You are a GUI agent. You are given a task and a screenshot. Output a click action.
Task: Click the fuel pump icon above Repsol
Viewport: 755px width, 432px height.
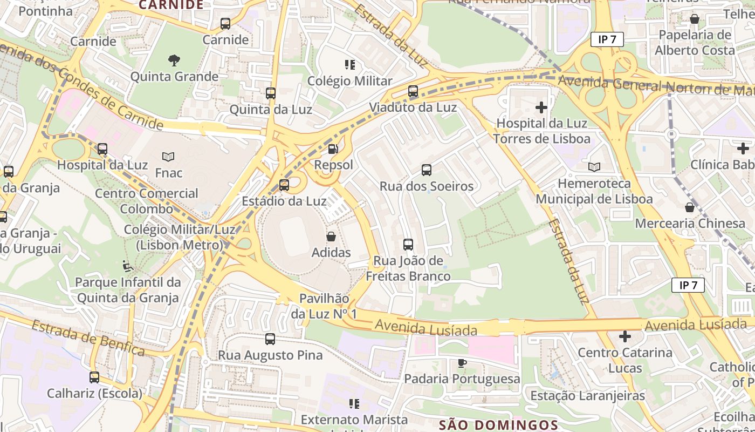pos(333,149)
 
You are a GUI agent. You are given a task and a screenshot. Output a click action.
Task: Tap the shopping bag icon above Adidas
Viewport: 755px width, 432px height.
pos(331,237)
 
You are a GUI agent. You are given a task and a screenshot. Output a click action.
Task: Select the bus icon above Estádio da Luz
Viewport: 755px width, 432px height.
pos(284,185)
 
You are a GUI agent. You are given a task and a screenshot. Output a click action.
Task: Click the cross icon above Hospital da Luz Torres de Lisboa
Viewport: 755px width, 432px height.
pos(541,107)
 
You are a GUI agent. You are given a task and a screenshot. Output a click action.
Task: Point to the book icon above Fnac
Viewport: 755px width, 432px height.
pos(168,157)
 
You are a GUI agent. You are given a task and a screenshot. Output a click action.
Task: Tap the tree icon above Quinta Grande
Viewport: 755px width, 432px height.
pos(174,60)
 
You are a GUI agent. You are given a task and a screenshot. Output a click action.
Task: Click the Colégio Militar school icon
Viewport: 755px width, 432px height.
pos(349,65)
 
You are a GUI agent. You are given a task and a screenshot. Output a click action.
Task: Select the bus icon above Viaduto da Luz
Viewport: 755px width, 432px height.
pos(413,91)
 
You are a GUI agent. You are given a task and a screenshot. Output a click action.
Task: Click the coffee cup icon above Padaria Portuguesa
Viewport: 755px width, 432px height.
pos(462,363)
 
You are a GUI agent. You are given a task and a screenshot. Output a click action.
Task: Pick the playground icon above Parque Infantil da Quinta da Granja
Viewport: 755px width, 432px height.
pos(128,266)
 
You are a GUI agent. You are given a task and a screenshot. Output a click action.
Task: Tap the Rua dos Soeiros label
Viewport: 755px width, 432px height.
pos(426,186)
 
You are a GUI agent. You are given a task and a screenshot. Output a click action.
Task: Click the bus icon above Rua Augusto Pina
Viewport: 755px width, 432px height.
pos(270,339)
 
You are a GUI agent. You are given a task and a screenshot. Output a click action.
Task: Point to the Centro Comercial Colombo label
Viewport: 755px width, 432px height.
pos(147,201)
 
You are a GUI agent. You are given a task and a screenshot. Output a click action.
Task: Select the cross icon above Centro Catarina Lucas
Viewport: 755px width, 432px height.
pos(625,337)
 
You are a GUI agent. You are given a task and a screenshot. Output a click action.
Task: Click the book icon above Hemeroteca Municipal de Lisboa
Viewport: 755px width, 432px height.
pos(594,167)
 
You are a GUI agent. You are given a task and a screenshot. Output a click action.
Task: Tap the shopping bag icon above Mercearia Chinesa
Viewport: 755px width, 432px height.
pos(689,207)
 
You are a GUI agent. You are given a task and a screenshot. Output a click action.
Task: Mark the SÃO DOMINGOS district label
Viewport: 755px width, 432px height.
pos(498,425)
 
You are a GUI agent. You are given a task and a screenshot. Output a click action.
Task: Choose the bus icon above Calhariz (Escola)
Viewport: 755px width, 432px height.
pos(94,377)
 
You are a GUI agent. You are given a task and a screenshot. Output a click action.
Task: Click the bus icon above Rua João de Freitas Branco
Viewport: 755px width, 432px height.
pos(408,245)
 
